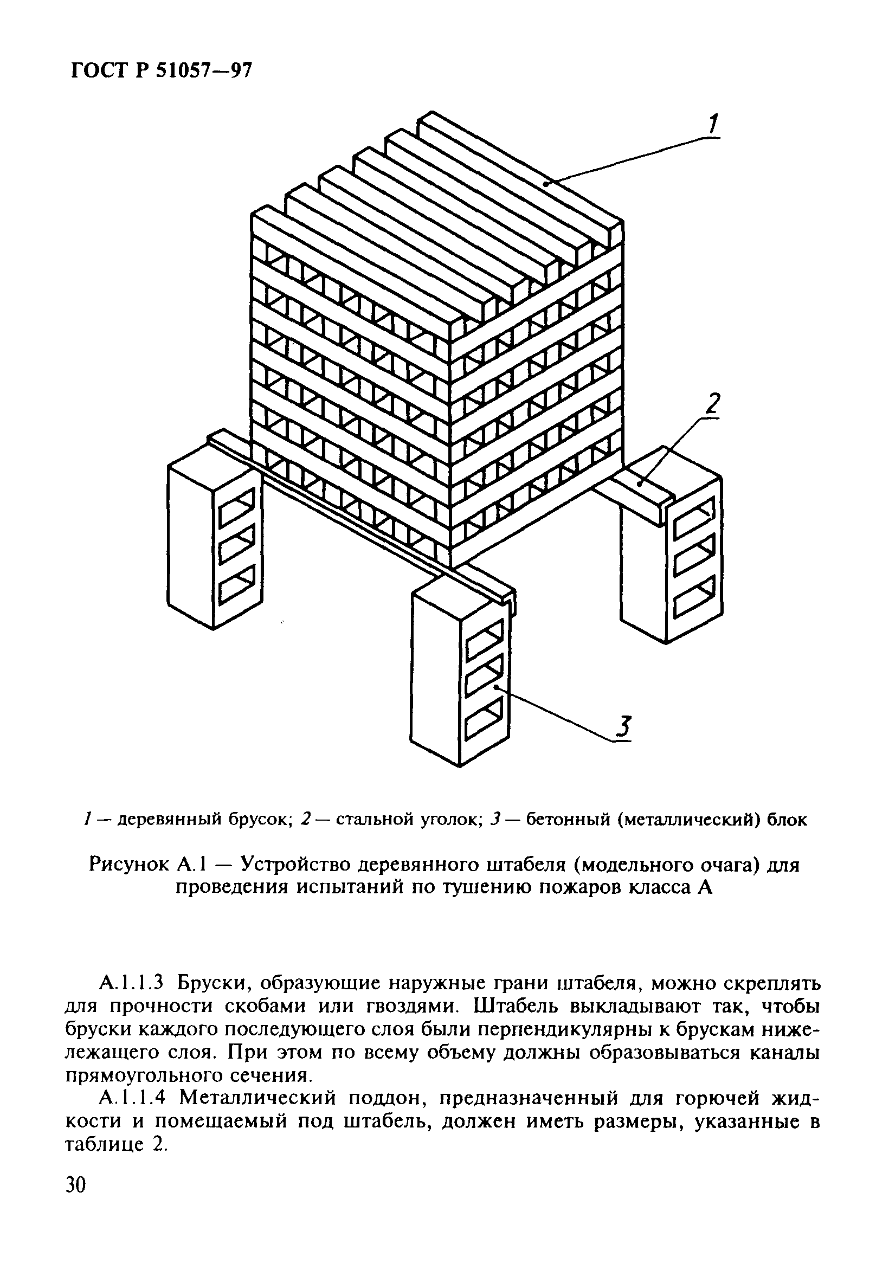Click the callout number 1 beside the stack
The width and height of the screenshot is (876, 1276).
click(712, 124)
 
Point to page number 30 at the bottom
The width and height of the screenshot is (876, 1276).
click(76, 1200)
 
